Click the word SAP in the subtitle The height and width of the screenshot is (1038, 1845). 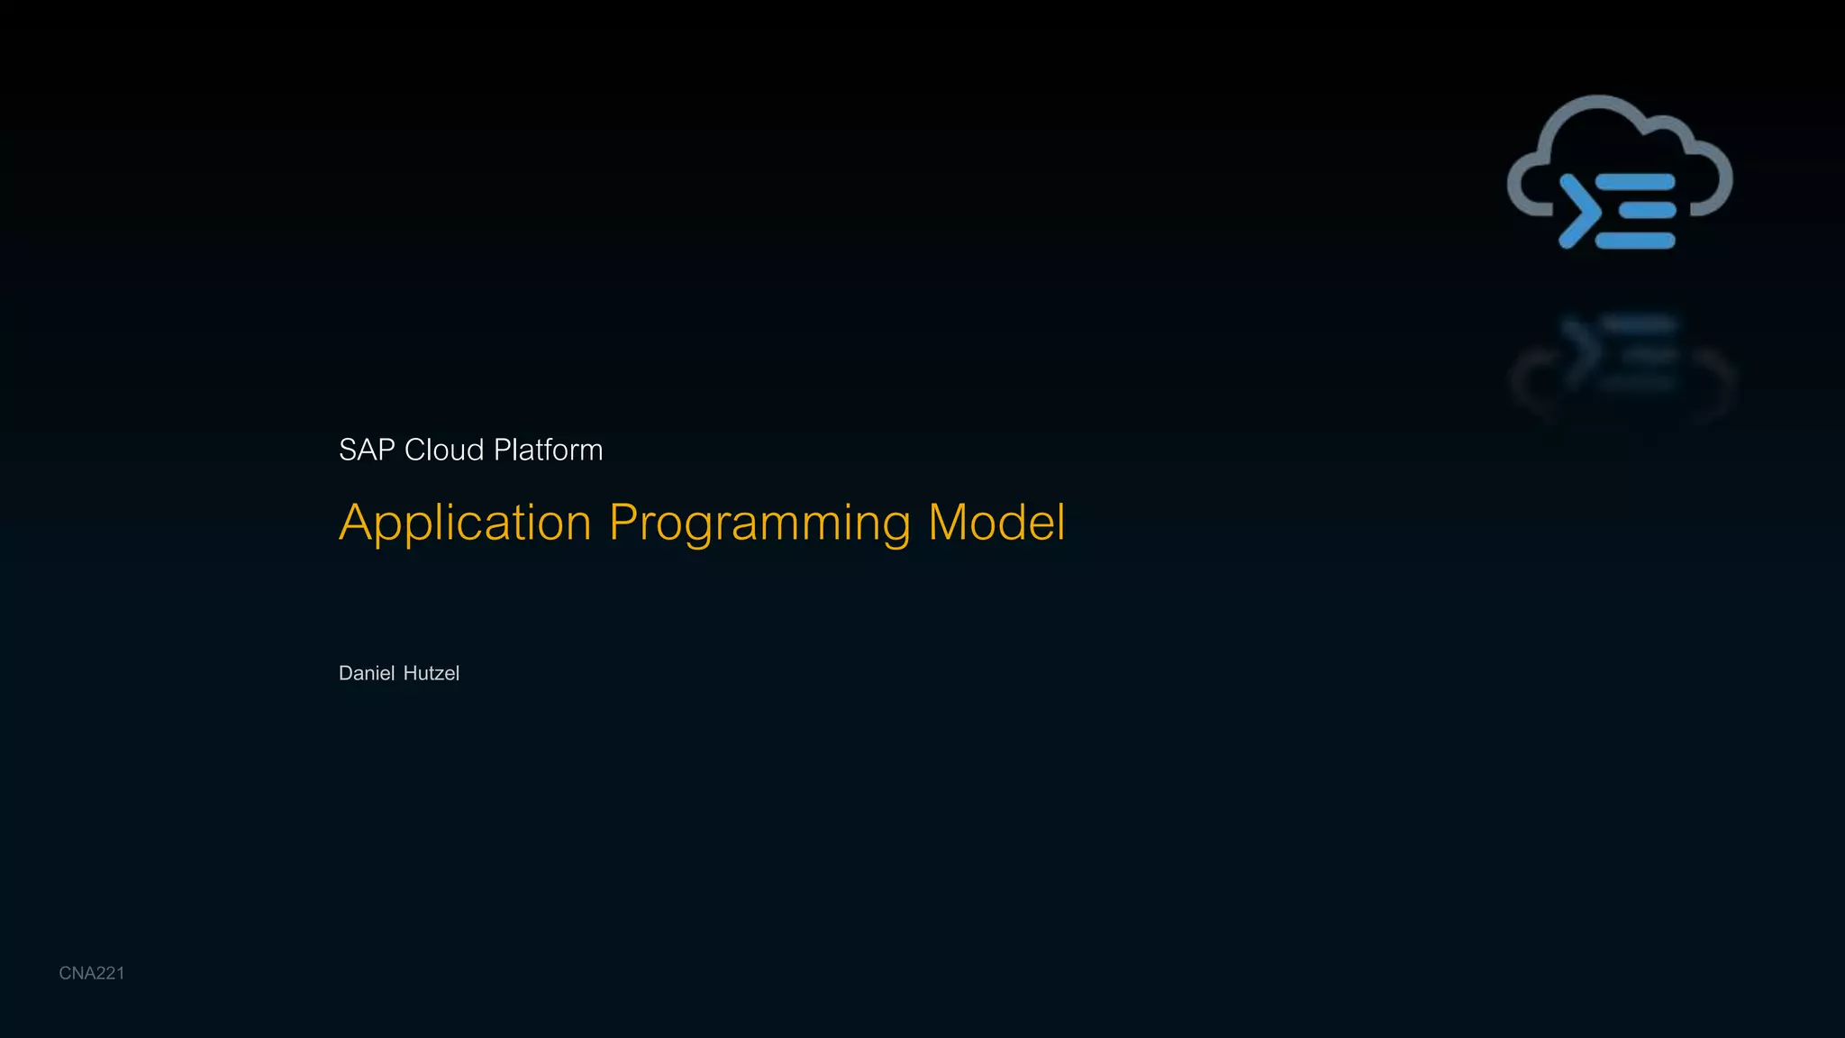[x=367, y=450]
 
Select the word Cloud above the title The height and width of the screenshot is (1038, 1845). [x=444, y=450]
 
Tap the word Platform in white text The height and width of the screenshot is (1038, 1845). [x=548, y=450]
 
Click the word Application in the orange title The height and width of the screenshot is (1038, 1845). [x=465, y=523]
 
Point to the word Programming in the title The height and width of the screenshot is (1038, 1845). [x=759, y=523]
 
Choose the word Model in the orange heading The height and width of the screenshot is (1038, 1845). [x=996, y=523]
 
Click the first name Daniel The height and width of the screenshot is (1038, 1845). [x=367, y=673]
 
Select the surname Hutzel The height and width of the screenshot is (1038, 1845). [x=431, y=673]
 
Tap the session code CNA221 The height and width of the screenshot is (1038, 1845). [x=91, y=973]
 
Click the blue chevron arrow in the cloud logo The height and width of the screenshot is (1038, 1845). [x=1578, y=211]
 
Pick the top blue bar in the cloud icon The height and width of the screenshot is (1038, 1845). [x=1635, y=183]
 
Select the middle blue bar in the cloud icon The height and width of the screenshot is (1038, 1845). [x=1647, y=211]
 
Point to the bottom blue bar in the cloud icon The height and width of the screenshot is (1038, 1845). [x=1635, y=241]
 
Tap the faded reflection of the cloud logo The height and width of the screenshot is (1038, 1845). [x=1622, y=360]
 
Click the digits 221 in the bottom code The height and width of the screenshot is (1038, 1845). [x=109, y=973]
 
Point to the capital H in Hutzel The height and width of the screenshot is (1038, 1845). [x=410, y=673]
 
